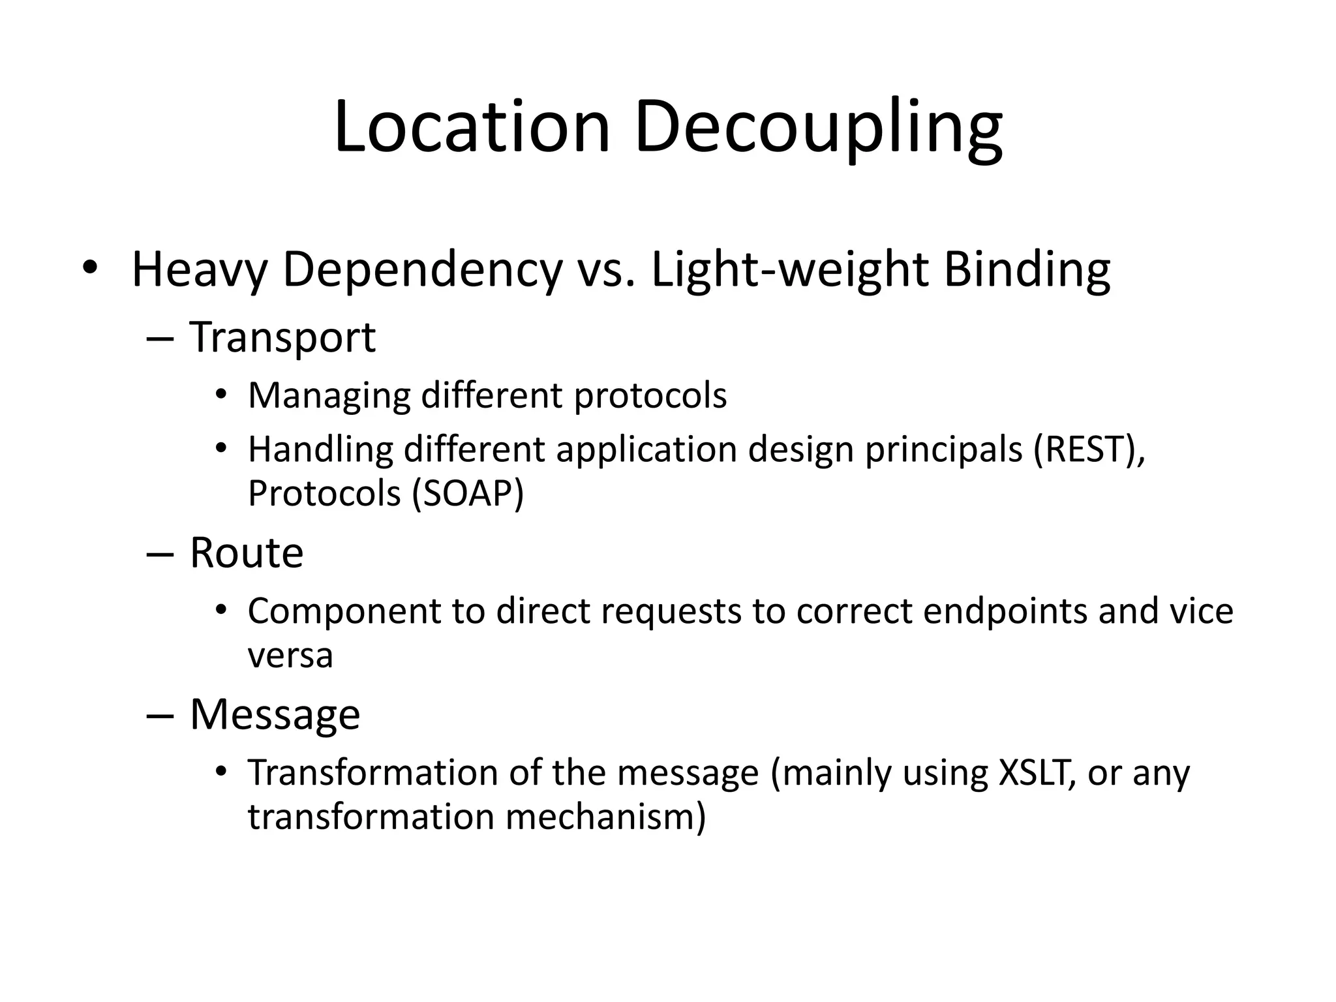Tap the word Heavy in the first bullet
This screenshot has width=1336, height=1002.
point(199,271)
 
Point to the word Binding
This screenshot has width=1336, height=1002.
point(1027,271)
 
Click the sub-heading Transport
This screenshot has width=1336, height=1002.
point(282,338)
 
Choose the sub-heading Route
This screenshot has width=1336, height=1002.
point(247,553)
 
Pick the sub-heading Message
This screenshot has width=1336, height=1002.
point(275,715)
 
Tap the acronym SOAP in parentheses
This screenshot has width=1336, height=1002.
point(468,494)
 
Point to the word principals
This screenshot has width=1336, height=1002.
point(943,451)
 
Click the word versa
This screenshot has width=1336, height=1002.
point(290,656)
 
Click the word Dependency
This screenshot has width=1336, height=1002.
point(422,271)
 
